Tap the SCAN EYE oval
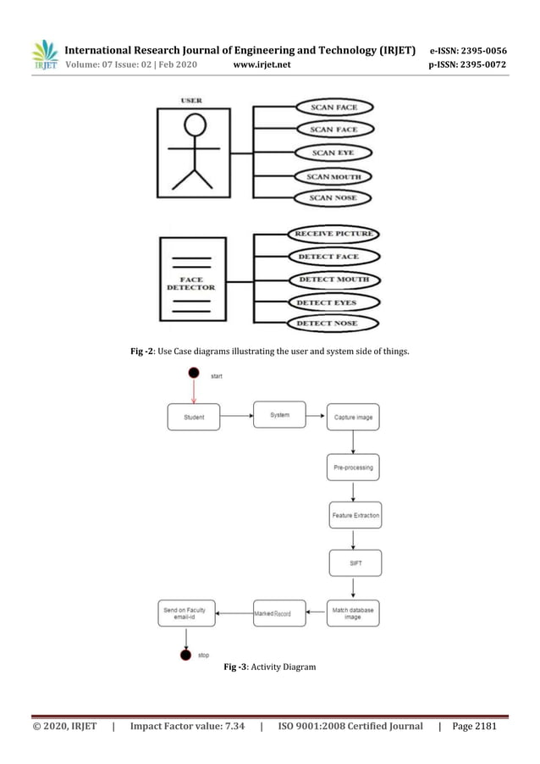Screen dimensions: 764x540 tap(333, 153)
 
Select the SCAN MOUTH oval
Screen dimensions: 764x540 tap(333, 176)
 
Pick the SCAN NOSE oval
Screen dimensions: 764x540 tap(333, 198)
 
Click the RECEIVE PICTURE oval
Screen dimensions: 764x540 tap(333, 233)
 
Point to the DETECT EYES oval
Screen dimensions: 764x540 tap(333, 302)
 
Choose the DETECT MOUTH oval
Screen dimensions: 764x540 tap(333, 280)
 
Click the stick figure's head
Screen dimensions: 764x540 tap(195, 126)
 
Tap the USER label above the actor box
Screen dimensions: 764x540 tap(191, 102)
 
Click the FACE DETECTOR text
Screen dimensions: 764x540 tap(191, 283)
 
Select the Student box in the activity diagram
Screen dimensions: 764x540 tap(194, 416)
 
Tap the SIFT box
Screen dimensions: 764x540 tap(355, 562)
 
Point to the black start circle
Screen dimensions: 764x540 tap(194, 373)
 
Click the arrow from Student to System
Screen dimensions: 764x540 tap(236, 416)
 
